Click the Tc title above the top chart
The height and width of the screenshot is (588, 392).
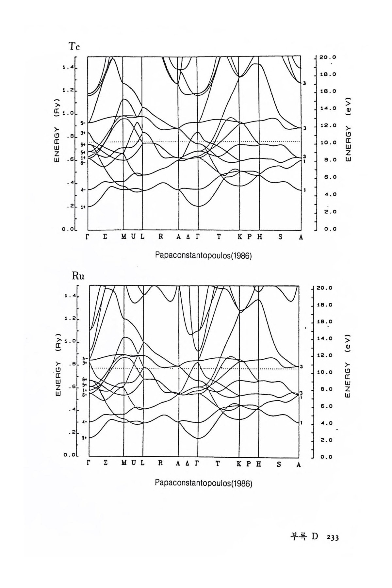tap(74, 47)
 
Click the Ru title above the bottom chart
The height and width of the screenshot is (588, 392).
tap(78, 276)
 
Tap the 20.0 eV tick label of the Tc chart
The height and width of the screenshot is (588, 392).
tap(328, 57)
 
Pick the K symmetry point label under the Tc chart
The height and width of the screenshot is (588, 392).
tap(240, 237)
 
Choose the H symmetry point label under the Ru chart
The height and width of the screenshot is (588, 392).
tap(259, 464)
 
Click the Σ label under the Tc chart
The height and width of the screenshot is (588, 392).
tap(105, 237)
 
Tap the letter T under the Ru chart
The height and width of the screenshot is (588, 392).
tap(218, 464)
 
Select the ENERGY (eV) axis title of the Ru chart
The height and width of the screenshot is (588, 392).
tap(347, 366)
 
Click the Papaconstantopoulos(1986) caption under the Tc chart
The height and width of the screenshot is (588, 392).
tap(204, 256)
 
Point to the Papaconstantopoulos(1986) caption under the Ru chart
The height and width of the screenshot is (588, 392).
tap(204, 483)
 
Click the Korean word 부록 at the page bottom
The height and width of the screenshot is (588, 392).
tap(297, 537)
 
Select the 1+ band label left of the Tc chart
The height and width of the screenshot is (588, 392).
tap(83, 207)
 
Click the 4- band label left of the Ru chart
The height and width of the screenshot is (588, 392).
tap(84, 422)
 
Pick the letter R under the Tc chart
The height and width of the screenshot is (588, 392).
tap(161, 237)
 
